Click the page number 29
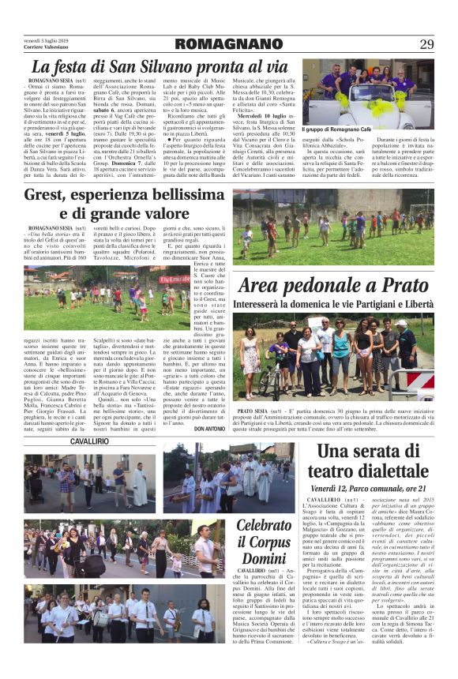click(x=426, y=43)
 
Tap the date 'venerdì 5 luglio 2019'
click(x=43, y=37)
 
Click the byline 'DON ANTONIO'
click(x=209, y=429)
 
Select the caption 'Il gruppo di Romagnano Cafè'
click(x=336, y=128)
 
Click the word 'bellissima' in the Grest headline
click(x=182, y=195)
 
